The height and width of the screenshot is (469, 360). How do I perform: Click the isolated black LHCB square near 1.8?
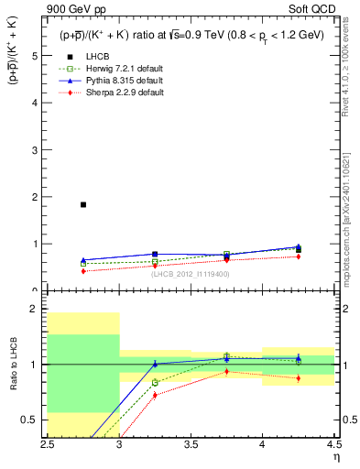coord(83,204)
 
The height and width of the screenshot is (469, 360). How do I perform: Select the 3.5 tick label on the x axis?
coord(190,444)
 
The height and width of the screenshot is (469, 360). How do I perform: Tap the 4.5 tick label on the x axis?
coord(333,444)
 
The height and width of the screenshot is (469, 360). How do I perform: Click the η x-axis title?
coord(336,456)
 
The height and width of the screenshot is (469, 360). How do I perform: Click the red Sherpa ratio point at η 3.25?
coord(155,395)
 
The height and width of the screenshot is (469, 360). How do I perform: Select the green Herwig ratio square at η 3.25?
coord(155,382)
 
